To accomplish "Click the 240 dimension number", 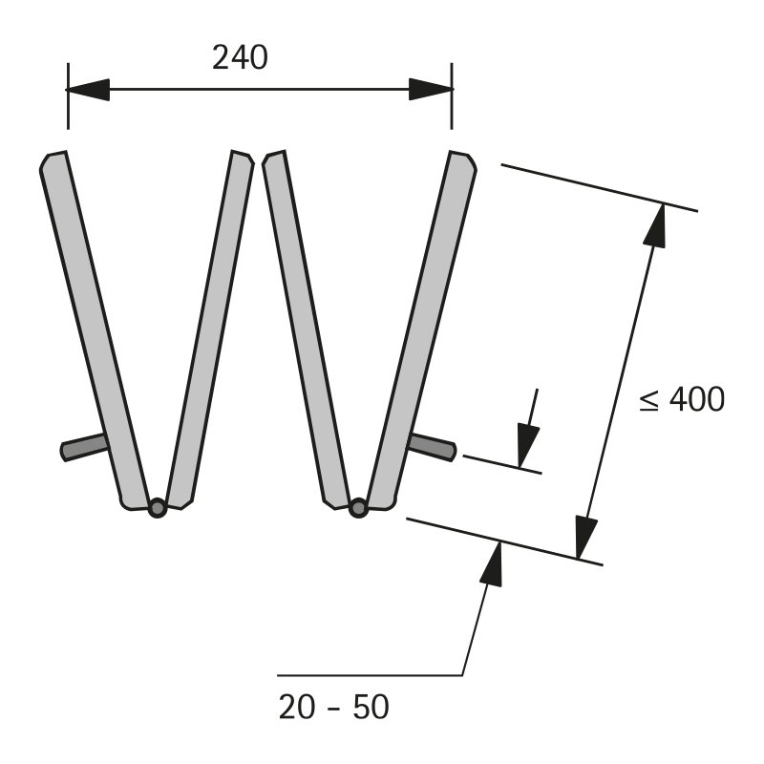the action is (x=240, y=57).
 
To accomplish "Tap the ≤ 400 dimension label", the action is (x=682, y=399).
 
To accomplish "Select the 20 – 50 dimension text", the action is (x=333, y=707).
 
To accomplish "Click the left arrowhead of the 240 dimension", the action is (x=88, y=90).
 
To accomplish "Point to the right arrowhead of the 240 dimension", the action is (x=431, y=89).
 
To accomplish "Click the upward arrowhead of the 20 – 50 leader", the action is (x=492, y=563).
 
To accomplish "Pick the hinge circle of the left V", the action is (x=158, y=508).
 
